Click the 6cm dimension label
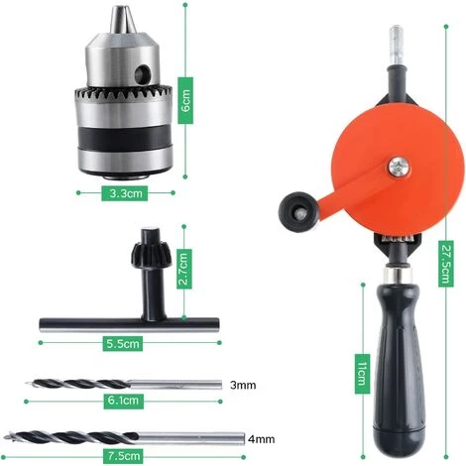pyautogui.click(x=185, y=100)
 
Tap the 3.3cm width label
pyautogui.click(x=124, y=193)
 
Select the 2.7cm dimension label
pyautogui.click(x=184, y=269)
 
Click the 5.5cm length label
pyautogui.click(x=123, y=343)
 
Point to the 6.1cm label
pyautogui.click(x=123, y=402)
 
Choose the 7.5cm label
pyautogui.click(x=123, y=456)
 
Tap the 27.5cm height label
pyautogui.click(x=446, y=264)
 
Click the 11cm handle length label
pyautogui.click(x=362, y=374)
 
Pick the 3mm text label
pyautogui.click(x=243, y=385)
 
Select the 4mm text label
pyautogui.click(x=262, y=439)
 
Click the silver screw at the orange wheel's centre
pyautogui.click(x=400, y=167)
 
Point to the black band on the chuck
pyautogui.click(x=125, y=138)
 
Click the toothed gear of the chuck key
pyautogui.click(x=151, y=256)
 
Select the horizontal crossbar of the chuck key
pyautogui.click(x=129, y=325)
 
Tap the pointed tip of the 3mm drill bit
pyautogui.click(x=27, y=384)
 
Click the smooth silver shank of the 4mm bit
pyautogui.click(x=191, y=438)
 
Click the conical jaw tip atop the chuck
pyautogui.click(x=123, y=20)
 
